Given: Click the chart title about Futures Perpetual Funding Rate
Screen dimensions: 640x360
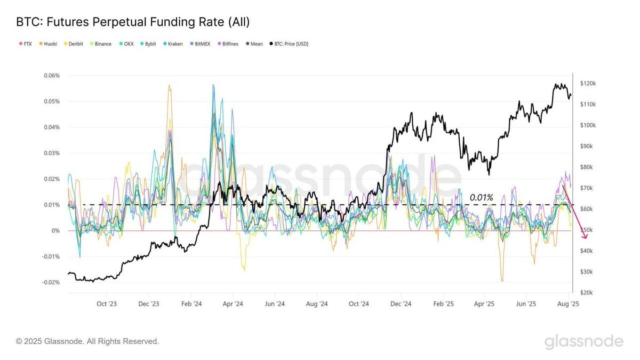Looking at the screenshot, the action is (x=133, y=22).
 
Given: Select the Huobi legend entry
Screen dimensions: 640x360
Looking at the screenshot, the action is (x=48, y=44).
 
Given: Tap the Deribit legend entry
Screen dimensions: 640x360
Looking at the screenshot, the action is (x=73, y=44).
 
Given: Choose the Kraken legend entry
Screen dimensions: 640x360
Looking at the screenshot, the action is (x=173, y=44).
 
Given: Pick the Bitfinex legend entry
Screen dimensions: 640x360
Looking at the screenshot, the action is (x=228, y=44).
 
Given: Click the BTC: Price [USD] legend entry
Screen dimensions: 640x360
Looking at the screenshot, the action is (x=289, y=44).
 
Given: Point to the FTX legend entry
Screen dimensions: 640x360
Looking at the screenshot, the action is (x=25, y=44).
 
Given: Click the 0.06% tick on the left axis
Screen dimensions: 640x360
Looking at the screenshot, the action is (x=52, y=76).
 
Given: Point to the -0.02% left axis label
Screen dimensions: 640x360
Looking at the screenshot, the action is (x=51, y=283).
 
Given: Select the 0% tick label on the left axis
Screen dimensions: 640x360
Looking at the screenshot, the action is (x=55, y=231).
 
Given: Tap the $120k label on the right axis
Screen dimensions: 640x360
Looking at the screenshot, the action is (x=588, y=83).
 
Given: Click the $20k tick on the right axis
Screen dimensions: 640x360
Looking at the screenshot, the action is (x=586, y=293).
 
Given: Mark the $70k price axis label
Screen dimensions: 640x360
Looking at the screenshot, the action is (x=586, y=188).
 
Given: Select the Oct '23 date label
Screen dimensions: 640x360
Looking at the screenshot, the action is (x=107, y=304).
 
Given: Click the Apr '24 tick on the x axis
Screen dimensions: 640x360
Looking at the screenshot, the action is (x=233, y=304).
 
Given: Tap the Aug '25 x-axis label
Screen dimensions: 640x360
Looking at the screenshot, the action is (x=568, y=304).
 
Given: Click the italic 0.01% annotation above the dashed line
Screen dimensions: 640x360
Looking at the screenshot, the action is (x=482, y=197).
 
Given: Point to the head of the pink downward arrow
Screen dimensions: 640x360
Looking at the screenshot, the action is (x=585, y=238).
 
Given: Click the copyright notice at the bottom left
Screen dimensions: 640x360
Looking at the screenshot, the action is (x=87, y=341).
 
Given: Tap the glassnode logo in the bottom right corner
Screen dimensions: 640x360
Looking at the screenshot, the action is (x=584, y=342).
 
